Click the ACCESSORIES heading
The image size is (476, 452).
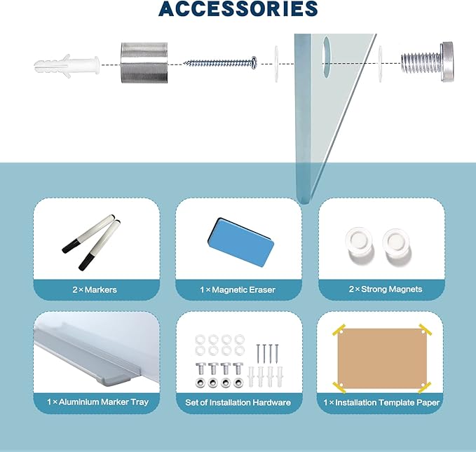coord(238,8)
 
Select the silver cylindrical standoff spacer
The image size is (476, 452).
coord(144,62)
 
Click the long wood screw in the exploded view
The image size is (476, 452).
coord(220,63)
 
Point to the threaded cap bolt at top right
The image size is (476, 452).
coord(428,62)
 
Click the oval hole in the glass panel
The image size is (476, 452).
coord(326,57)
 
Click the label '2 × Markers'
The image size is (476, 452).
coord(95,289)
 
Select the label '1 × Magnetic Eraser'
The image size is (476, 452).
coord(238,289)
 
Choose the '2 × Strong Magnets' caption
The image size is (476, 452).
coord(386,289)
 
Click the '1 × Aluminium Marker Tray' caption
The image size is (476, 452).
coord(97,402)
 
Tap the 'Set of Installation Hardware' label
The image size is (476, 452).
coord(238,402)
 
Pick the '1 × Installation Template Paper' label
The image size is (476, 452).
coord(381,402)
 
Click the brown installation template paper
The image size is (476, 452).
coord(381,358)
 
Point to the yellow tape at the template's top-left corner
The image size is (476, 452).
coord(339,330)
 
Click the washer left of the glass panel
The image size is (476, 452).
coord(276,64)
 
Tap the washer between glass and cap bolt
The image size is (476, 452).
coord(380,64)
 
